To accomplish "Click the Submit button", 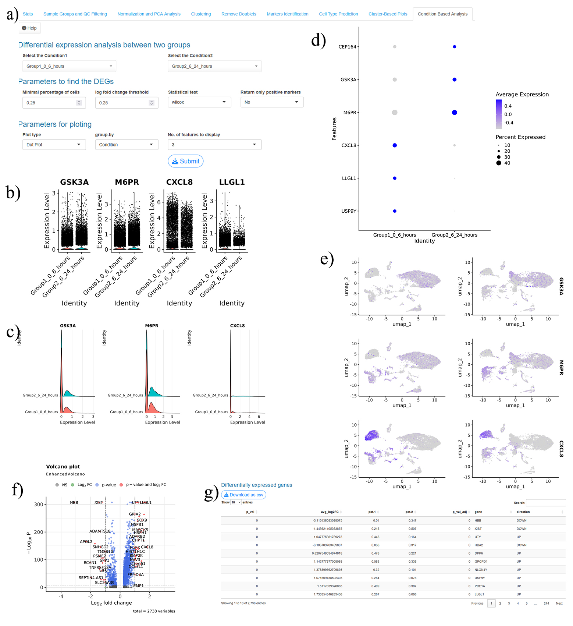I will pos(185,161).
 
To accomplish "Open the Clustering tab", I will pos(201,14).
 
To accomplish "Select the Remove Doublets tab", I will pos(239,14).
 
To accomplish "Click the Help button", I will pos(29,28).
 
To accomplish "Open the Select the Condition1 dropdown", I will pos(69,66).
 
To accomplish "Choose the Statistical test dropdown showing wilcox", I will pos(199,102).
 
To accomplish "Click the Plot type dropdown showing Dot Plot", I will pos(54,145).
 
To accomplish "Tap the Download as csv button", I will pos(243,495).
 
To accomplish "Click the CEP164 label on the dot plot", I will pos(347,47).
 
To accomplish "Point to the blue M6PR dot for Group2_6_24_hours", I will pos(455,113).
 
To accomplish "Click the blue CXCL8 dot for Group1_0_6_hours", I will pos(395,145).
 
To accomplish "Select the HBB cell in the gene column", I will pos(478,520).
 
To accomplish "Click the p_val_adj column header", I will pos(460,512).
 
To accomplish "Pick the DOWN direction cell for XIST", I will pos(521,528).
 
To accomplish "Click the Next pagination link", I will pos(559,603).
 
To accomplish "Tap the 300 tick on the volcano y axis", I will pos(39,504).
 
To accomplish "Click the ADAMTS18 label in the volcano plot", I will pos(100,531).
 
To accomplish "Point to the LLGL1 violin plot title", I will pos(232,182).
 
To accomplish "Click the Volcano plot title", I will pos(63,467).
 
